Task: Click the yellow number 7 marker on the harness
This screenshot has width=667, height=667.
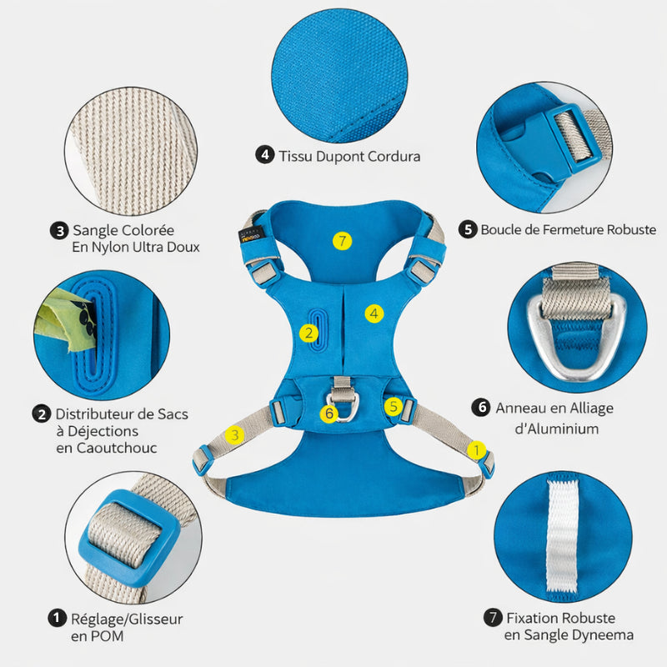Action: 342,241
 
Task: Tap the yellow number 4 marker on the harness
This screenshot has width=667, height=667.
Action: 374,313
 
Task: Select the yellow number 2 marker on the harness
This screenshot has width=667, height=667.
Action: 308,333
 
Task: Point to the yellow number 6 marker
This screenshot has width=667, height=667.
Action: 328,413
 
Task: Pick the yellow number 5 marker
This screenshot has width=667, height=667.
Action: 394,406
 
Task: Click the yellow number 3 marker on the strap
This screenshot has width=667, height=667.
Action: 235,434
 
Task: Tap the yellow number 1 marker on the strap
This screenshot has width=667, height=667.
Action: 476,450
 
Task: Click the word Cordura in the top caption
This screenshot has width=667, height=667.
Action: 394,156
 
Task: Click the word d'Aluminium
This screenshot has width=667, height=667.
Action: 557,429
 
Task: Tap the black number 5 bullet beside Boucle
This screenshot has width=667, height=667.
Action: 468,230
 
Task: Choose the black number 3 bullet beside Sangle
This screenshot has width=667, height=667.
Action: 59,231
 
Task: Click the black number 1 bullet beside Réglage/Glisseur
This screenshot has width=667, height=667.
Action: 57,618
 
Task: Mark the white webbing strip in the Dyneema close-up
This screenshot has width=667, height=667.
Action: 562,536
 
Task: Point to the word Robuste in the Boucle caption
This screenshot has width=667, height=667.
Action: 631,230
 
